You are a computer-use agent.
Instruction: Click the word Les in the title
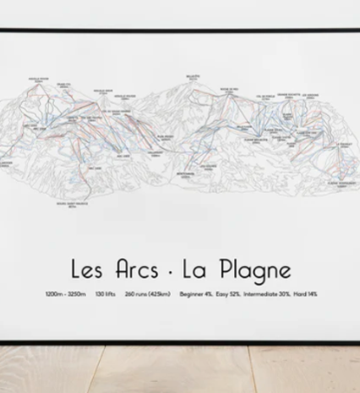pos(86,270)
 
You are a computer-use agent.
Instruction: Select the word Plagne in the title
pos(257,272)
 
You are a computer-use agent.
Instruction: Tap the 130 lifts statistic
pos(106,295)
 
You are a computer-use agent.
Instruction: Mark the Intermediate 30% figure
pos(270,295)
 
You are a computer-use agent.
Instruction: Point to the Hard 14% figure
pos(307,295)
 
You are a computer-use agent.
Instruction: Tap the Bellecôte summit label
pos(194,78)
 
